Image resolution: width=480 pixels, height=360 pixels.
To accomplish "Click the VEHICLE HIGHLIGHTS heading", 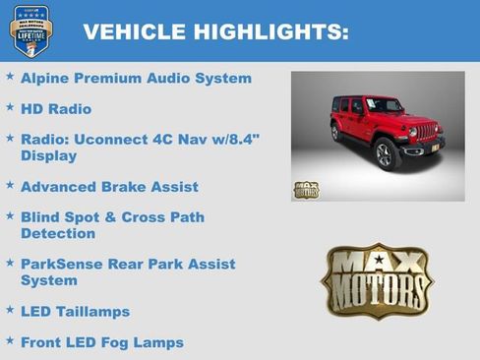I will pos(215,31).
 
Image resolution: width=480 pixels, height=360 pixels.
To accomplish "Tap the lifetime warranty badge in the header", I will pos(30,30).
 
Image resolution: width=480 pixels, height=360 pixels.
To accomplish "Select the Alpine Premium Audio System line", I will pos(136,78).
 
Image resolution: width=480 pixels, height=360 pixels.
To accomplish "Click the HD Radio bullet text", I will pos(56,108).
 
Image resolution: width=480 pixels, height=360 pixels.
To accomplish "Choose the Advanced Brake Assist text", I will pos(109,186).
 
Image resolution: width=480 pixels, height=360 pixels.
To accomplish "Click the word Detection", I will pos(58,234).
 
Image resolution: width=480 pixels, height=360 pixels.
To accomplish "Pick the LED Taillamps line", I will pos(75,311).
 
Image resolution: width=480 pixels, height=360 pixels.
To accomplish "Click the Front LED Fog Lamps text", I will pos(101,342).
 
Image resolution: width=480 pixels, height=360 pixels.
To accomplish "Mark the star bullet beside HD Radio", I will pos(10,106).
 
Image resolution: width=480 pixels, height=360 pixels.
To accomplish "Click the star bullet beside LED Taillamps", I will pos(10,309).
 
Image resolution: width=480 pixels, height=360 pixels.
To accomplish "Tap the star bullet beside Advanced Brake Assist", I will pos(10,184).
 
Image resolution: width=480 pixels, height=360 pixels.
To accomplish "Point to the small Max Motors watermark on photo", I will pos(306,189).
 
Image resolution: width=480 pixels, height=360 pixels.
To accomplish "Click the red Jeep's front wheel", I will pos(385,154).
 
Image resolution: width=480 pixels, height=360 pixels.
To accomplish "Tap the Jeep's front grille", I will pos(426,130).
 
